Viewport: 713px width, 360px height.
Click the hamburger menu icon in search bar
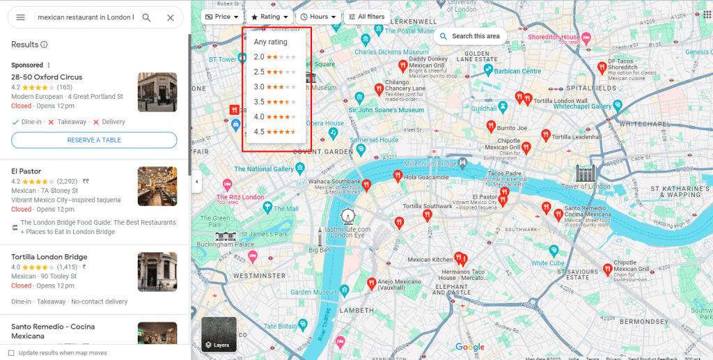pyautogui.click(x=21, y=17)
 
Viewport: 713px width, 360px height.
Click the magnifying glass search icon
pyautogui.click(x=146, y=17)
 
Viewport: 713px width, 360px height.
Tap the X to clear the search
pyautogui.click(x=171, y=17)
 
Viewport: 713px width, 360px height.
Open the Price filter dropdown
pyautogui.click(x=222, y=17)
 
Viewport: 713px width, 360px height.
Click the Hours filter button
pyautogui.click(x=318, y=17)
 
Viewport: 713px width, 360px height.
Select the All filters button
pyautogui.click(x=366, y=17)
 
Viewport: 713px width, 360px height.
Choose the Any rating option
pyautogui.click(x=270, y=42)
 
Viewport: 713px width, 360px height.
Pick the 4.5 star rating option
pyautogui.click(x=274, y=132)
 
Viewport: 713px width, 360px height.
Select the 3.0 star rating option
pyautogui.click(x=274, y=87)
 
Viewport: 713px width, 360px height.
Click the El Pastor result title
pyautogui.click(x=26, y=171)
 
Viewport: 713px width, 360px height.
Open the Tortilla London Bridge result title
pyautogui.click(x=49, y=257)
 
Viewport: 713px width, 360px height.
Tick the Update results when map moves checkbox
pyautogui.click(x=11, y=353)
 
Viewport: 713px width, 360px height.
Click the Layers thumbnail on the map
pyautogui.click(x=219, y=334)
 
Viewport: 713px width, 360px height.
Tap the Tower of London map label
pyautogui.click(x=586, y=187)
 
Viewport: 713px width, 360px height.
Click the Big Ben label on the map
pyautogui.click(x=320, y=249)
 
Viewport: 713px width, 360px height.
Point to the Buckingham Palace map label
pyautogui.click(x=225, y=244)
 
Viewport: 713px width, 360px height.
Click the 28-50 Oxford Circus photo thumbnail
pyautogui.click(x=157, y=93)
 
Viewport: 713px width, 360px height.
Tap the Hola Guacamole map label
pyautogui.click(x=426, y=177)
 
